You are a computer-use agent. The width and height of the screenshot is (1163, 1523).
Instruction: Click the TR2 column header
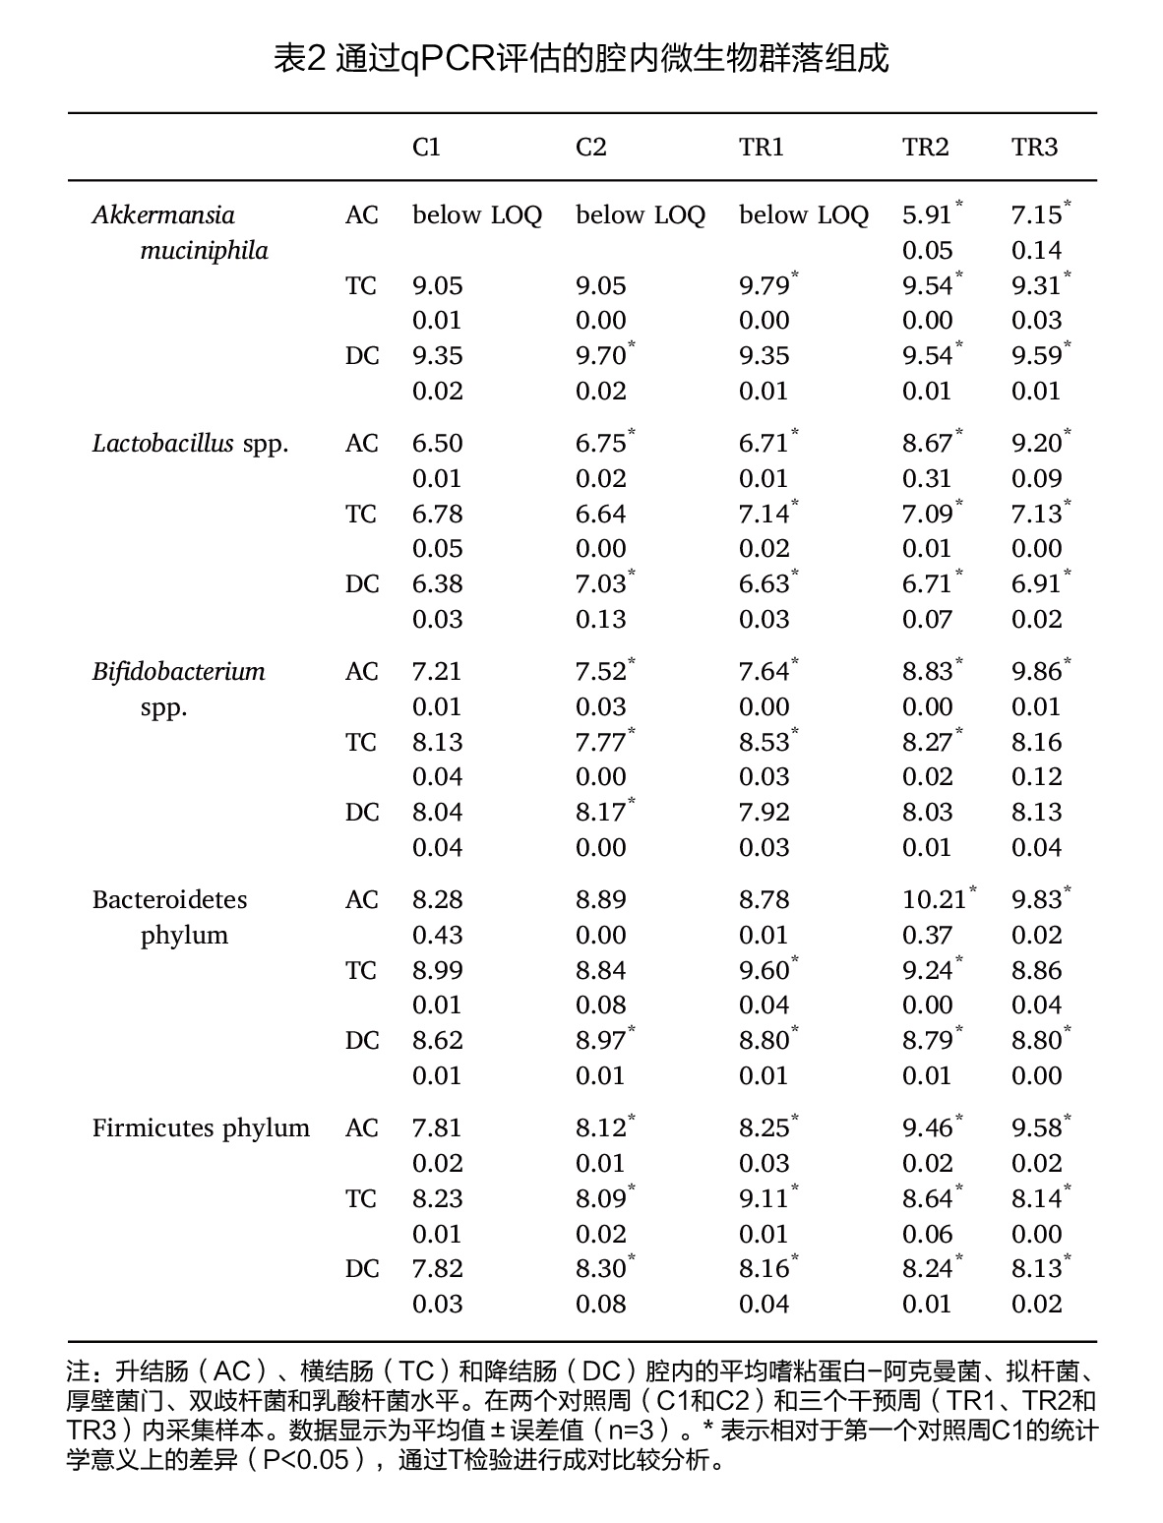pos(925,147)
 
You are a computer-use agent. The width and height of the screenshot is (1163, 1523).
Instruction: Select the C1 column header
pos(426,147)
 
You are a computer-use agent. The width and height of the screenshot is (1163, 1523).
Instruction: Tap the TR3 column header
pos(1034,147)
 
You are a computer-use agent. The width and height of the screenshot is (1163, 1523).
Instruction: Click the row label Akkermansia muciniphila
pos(180,232)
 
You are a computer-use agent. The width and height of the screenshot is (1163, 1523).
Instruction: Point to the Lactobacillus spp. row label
pos(190,444)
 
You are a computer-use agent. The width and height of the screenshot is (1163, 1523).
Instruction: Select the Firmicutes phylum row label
pos(202,1128)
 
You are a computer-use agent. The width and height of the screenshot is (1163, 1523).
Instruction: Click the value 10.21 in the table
pos(934,900)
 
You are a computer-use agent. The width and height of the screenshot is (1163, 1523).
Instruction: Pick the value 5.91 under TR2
pos(927,215)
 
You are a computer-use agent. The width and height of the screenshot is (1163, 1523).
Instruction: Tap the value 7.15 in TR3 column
pos(1036,215)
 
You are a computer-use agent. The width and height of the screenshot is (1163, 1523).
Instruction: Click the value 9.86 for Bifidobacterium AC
pos(1036,672)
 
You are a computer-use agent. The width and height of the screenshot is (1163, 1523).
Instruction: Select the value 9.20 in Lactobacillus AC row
pos(1036,444)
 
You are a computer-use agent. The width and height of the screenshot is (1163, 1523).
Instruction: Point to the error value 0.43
pos(437,936)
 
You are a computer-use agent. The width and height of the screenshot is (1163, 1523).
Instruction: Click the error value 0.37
pos(927,936)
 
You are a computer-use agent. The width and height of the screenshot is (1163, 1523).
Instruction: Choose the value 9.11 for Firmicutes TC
pos(764,1198)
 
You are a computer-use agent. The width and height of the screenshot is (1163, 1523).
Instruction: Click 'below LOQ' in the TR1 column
pos(804,215)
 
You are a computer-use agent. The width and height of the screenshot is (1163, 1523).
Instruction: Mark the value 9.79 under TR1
pos(764,286)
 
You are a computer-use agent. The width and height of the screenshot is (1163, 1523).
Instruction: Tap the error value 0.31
pos(927,479)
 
